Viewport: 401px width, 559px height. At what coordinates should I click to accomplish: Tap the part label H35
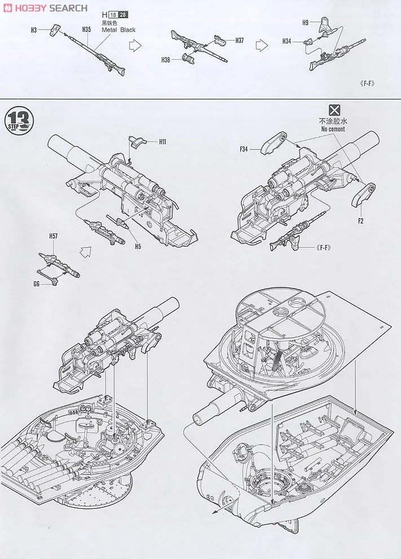pyautogui.click(x=86, y=29)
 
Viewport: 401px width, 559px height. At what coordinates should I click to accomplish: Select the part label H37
pyautogui.click(x=240, y=40)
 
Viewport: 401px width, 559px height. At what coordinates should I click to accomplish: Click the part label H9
pyautogui.click(x=305, y=23)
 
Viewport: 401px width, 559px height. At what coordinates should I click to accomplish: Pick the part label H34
pyautogui.click(x=287, y=41)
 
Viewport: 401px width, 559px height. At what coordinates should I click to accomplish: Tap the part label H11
pyautogui.click(x=162, y=141)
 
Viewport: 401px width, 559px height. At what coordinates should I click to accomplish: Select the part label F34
pyautogui.click(x=244, y=149)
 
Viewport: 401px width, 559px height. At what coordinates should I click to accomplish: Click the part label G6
pyautogui.click(x=37, y=285)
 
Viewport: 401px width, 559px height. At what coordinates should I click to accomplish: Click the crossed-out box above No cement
pyautogui.click(x=335, y=110)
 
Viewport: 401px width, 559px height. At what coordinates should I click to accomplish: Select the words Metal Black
pyautogui.click(x=118, y=30)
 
